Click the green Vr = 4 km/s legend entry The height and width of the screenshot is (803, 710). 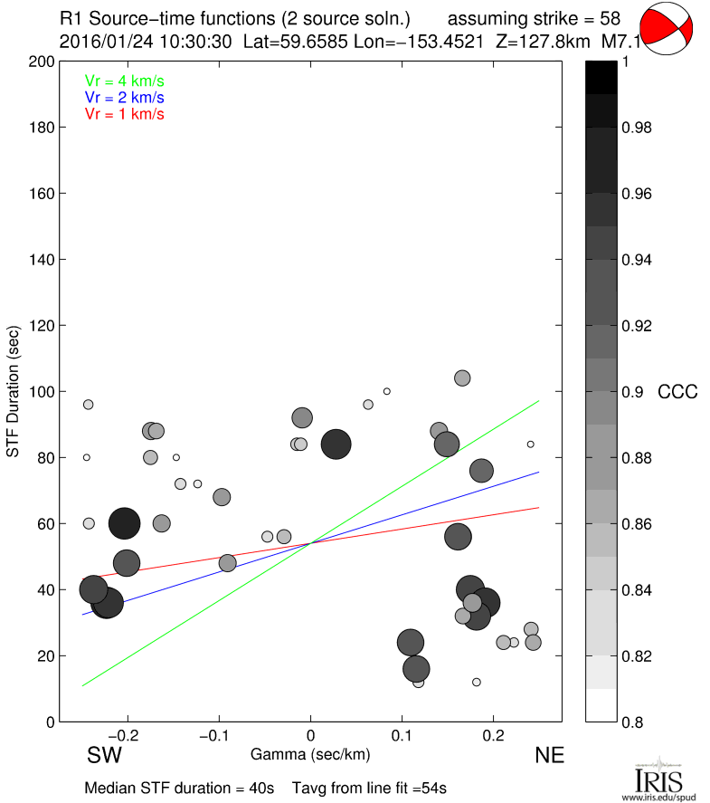coord(125,81)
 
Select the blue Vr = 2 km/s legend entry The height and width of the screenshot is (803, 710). coord(125,97)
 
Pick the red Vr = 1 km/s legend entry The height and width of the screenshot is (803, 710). coord(125,114)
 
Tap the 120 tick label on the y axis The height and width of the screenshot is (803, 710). coord(42,326)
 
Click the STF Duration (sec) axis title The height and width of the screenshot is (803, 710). coord(14,392)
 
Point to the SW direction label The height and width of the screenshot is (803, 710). coord(104,755)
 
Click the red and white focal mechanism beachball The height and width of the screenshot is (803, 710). coord(666,28)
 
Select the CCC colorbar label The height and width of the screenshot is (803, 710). coord(677,392)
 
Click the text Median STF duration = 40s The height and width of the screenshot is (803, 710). coord(179,789)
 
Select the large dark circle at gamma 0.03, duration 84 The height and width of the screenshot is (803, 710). coord(336,444)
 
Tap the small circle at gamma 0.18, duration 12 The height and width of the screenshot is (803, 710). coord(477,682)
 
